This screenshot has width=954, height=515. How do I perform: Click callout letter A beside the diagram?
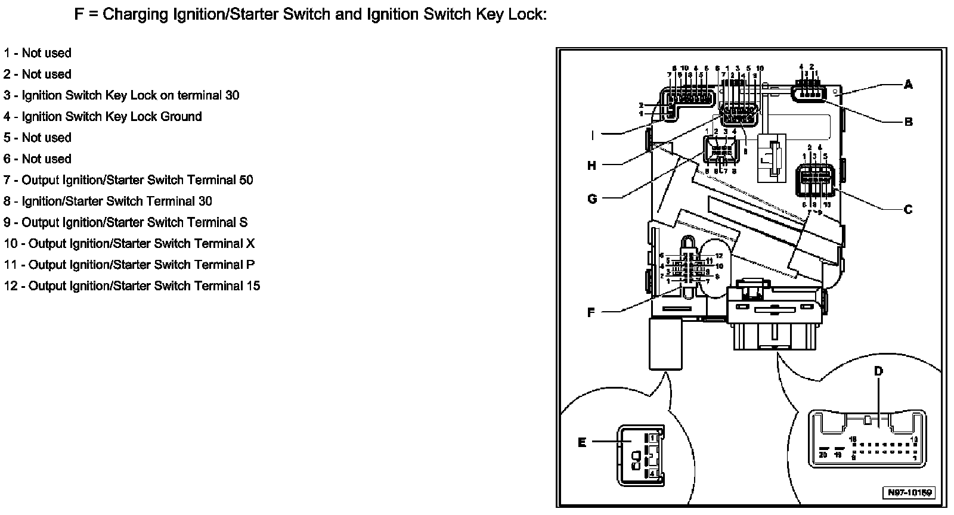[x=908, y=85]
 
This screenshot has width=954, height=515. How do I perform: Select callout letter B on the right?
[x=908, y=122]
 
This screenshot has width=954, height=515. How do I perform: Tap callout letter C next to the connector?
[x=908, y=210]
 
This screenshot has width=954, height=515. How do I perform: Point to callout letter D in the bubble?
[x=878, y=371]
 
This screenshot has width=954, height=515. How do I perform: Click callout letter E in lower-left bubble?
[x=582, y=442]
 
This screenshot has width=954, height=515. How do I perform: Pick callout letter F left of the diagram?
[x=591, y=312]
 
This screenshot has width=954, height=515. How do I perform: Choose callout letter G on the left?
[x=591, y=198]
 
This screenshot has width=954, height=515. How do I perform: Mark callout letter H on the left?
[x=591, y=165]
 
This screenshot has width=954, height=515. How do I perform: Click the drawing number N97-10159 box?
[x=909, y=493]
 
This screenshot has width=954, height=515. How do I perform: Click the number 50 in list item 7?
[x=246, y=180]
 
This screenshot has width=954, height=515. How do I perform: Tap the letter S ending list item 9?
[x=243, y=222]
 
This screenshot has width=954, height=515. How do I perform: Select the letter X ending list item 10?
[x=250, y=244]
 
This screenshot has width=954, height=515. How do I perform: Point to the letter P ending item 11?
[x=250, y=265]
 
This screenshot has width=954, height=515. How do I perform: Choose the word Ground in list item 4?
[x=179, y=117]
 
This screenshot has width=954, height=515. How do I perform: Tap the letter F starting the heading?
[x=79, y=14]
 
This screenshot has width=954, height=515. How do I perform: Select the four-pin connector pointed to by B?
[x=807, y=93]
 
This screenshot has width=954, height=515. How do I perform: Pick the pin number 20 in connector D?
[x=823, y=455]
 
